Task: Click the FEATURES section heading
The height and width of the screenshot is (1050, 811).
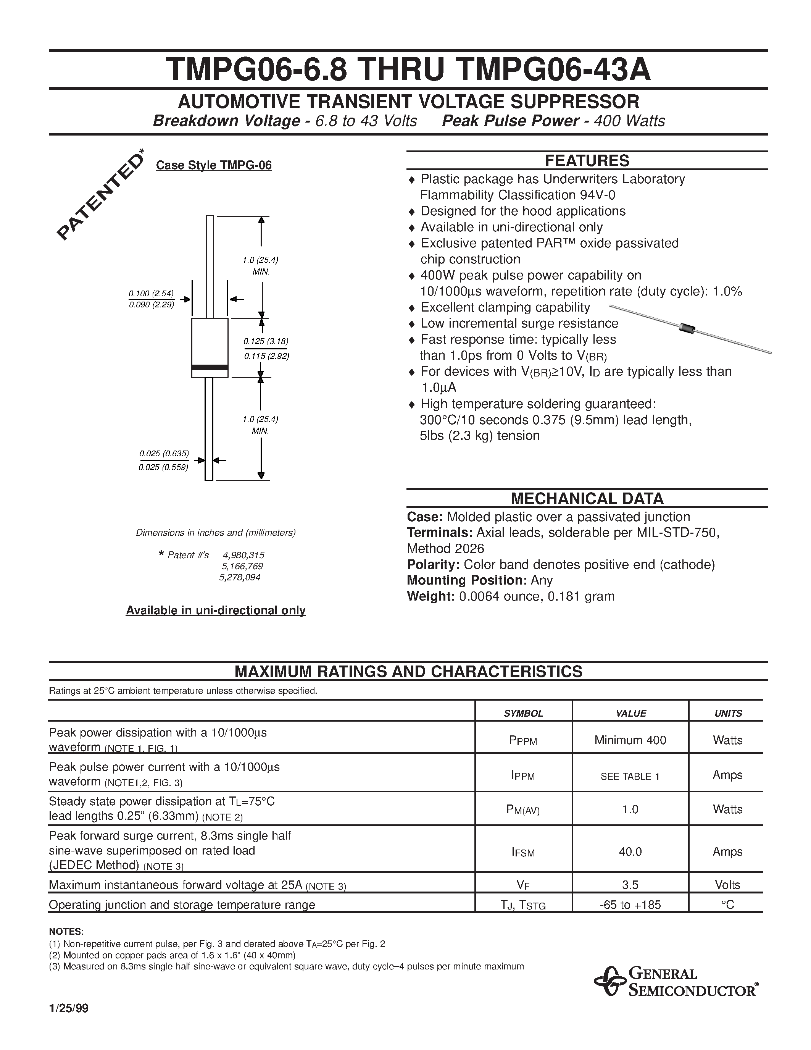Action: click(587, 161)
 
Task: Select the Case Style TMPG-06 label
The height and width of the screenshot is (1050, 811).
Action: click(214, 165)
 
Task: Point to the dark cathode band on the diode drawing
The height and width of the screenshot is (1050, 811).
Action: click(210, 367)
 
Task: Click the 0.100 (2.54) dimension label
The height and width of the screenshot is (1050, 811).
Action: click(151, 293)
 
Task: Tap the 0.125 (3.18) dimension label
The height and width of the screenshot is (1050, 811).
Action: click(266, 341)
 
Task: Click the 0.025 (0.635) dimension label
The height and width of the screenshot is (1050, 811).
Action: click(164, 453)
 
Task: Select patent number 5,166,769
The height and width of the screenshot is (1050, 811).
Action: click(242, 566)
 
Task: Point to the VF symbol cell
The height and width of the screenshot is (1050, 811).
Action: click(523, 885)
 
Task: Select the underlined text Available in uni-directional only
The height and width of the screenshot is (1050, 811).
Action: click(216, 611)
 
